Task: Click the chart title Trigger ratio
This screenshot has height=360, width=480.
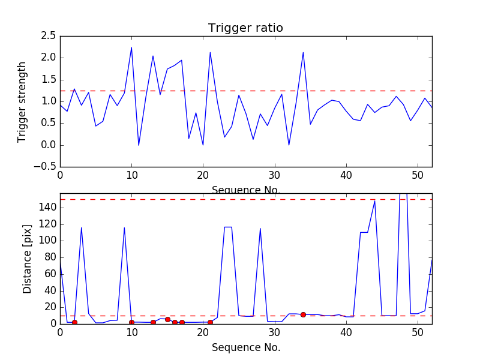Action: click(245, 28)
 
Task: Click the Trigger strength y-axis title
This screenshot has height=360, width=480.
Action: click(22, 101)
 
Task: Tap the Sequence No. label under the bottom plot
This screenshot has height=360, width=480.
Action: click(245, 347)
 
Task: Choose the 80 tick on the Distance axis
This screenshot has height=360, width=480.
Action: click(49, 257)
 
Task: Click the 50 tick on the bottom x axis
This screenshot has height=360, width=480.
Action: click(418, 333)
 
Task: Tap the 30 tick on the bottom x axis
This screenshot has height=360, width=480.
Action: click(275, 333)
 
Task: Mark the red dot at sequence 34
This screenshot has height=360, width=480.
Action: click(303, 314)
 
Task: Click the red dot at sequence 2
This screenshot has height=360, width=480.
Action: click(74, 322)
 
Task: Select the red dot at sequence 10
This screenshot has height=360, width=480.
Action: click(131, 322)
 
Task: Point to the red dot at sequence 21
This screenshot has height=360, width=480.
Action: click(210, 322)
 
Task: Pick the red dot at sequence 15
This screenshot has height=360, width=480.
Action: click(167, 319)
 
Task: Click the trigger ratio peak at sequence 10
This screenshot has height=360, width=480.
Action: click(131, 47)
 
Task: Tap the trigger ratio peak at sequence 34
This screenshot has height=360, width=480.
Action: click(303, 52)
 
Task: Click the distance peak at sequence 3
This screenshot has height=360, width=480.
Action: click(82, 227)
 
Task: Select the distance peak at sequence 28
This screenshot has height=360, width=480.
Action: click(260, 228)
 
